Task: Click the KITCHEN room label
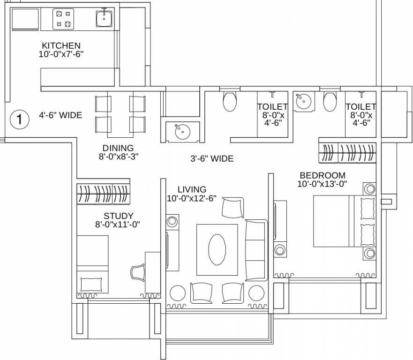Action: pos(61,45)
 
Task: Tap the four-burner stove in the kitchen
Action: pos(63,19)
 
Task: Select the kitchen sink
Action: pos(104,18)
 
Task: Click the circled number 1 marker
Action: pos(20,120)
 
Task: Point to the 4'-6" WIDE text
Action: pos(60,115)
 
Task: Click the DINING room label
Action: pos(118,148)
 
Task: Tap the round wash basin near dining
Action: pos(182,132)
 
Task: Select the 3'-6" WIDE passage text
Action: pos(212,158)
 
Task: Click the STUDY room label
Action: pos(118,216)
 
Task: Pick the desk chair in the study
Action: pos(138,272)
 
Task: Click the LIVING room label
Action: pos(192,190)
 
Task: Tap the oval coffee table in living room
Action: pos(217,250)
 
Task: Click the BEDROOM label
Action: pos(323,175)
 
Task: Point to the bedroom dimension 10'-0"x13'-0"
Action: pos(322,184)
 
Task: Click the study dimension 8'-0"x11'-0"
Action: pos(118,225)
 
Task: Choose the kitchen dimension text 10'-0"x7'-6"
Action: pos(61,54)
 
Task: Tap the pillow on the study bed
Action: pos(91,285)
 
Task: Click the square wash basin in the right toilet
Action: pos(304,101)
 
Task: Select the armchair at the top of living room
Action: pos(233,208)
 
